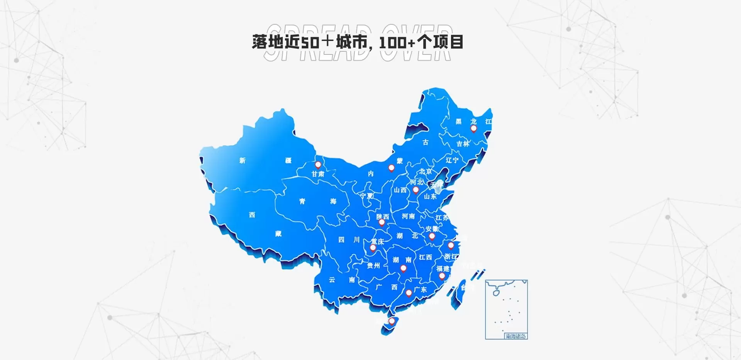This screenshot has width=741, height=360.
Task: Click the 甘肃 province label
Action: click(x=318, y=174)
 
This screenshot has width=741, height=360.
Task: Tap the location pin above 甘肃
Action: click(x=318, y=165)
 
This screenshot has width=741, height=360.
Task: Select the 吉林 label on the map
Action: click(x=463, y=144)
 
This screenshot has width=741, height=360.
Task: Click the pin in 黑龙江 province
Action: click(x=473, y=129)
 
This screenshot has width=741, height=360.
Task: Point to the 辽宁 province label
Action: click(x=452, y=160)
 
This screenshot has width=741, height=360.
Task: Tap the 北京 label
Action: click(x=426, y=172)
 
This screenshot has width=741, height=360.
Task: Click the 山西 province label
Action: click(x=400, y=190)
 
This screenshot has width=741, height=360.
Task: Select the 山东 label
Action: click(x=430, y=197)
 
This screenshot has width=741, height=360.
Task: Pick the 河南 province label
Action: click(x=408, y=216)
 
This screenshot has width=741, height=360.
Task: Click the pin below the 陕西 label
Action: click(x=382, y=222)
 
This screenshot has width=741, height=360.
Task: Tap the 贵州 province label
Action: click(x=373, y=266)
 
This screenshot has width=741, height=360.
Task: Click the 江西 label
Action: click(x=426, y=257)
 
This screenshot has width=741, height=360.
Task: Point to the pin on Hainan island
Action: click(x=392, y=321)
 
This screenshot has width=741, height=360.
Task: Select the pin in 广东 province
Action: click(x=409, y=293)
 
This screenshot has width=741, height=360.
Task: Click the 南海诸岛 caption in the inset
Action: click(x=515, y=336)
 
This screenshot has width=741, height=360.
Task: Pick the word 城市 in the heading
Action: click(x=351, y=42)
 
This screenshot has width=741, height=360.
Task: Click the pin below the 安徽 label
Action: click(x=432, y=236)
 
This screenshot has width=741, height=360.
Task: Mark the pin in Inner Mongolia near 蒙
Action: click(x=391, y=168)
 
